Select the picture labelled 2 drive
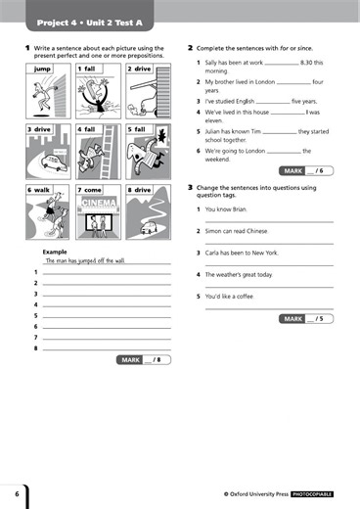click(147, 94)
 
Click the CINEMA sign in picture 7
click(99, 203)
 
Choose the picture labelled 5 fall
click(147, 154)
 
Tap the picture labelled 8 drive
click(147, 213)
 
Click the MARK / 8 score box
click(144, 360)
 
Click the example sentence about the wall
click(86, 261)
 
